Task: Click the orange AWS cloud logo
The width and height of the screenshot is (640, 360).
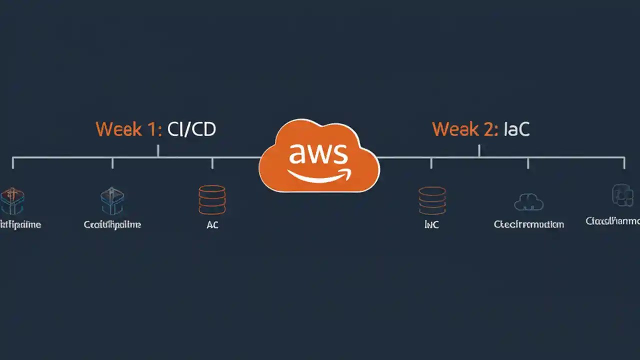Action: tap(319, 156)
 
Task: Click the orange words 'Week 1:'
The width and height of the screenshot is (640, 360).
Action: tap(128, 129)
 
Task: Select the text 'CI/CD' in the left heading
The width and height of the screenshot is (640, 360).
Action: tap(191, 129)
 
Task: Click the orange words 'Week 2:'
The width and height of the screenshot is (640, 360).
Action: tap(465, 129)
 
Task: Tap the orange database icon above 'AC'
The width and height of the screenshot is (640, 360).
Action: tap(212, 200)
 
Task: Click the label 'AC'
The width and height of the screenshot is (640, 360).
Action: tap(212, 225)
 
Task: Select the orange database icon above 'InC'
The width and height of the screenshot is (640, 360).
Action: tap(432, 200)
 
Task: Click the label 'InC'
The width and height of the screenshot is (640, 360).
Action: tap(431, 225)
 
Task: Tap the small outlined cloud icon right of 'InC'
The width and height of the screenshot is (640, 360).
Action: tap(528, 202)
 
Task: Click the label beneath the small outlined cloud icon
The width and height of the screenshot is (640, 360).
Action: tap(528, 224)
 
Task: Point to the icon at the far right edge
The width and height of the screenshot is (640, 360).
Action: tap(622, 195)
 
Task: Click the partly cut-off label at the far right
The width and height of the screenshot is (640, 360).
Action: tap(613, 221)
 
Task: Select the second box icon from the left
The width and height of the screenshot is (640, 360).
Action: tap(112, 201)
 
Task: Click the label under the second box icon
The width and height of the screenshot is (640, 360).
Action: tap(112, 225)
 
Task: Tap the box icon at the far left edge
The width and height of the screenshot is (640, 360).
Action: tap(12, 201)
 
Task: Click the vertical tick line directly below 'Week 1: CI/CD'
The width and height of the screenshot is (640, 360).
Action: tap(158, 150)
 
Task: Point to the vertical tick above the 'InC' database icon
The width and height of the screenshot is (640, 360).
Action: tap(431, 162)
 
